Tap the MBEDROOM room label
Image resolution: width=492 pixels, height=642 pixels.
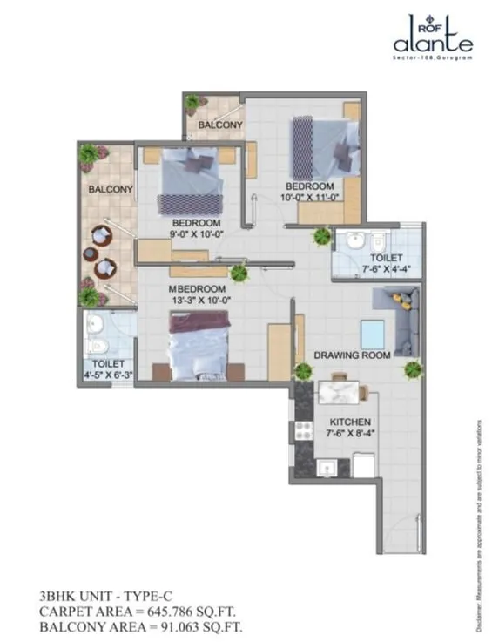pos(198,289)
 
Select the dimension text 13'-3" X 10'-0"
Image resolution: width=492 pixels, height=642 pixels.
pos(198,301)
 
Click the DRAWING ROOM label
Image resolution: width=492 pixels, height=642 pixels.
pos(352,355)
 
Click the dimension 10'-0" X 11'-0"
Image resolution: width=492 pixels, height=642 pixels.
pos(309,198)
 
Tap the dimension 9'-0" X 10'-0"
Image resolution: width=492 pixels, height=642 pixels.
pos(200,233)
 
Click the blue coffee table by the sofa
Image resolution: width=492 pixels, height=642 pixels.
pos(373,333)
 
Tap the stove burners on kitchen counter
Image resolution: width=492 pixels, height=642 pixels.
pos(305,429)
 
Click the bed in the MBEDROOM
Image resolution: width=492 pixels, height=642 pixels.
pos(200,344)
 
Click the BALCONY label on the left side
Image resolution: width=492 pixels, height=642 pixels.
pos(110,189)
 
